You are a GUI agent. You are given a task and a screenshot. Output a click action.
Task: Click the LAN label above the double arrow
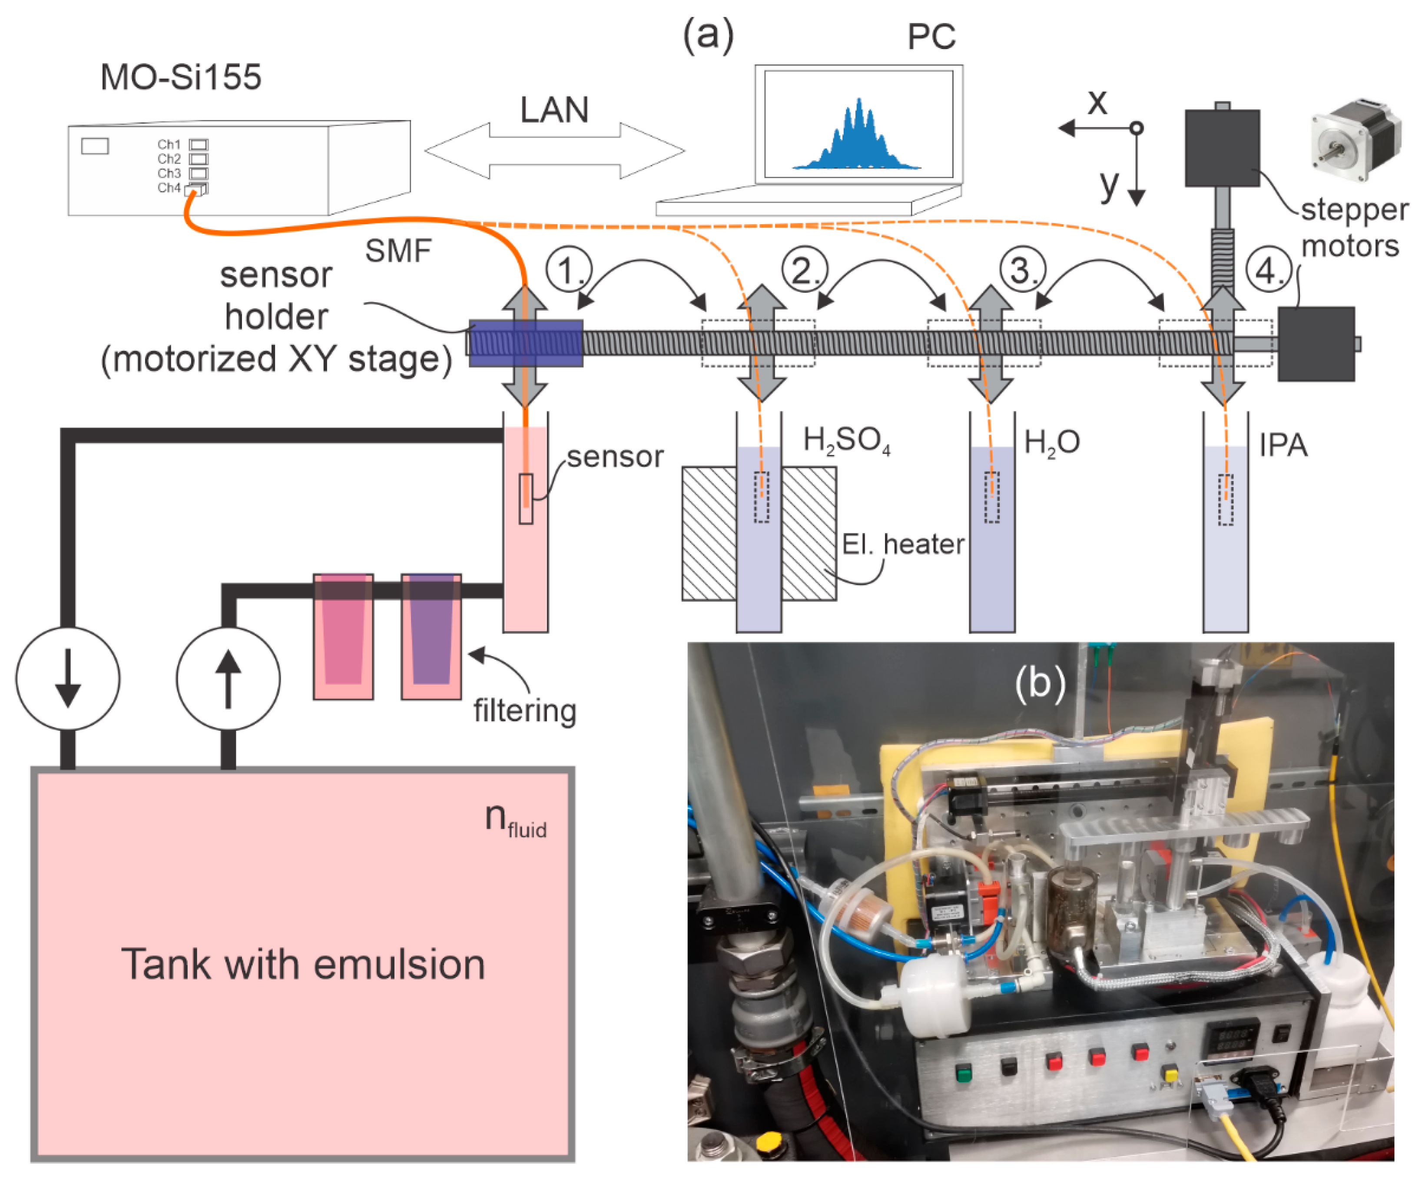click(554, 110)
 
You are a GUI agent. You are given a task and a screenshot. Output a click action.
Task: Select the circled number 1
click(568, 270)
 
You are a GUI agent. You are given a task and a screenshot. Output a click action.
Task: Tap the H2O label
click(1051, 443)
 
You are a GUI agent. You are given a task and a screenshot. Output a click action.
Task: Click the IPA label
click(1282, 445)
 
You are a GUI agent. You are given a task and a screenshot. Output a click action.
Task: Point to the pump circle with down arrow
click(68, 678)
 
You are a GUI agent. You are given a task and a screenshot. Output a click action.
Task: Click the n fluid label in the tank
click(515, 820)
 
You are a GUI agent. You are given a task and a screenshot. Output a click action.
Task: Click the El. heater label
click(902, 544)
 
